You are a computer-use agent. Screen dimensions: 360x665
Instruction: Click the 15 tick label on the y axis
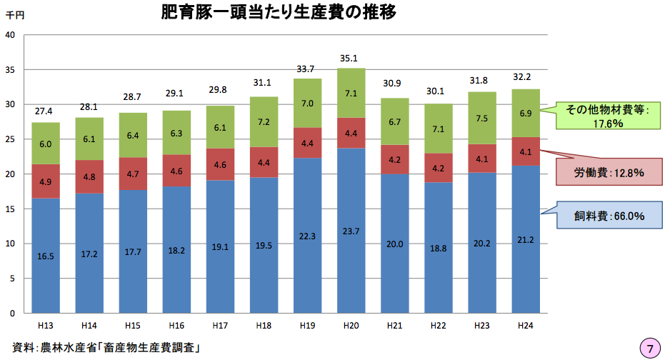(11, 209)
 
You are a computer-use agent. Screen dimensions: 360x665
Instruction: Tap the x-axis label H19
(307, 326)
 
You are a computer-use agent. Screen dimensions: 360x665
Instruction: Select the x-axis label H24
(526, 326)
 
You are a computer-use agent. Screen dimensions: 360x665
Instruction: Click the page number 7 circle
(649, 348)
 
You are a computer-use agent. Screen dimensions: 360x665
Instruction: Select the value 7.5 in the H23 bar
(482, 119)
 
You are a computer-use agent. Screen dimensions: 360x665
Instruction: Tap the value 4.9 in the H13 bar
(46, 181)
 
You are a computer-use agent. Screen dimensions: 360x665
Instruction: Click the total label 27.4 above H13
(46, 112)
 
